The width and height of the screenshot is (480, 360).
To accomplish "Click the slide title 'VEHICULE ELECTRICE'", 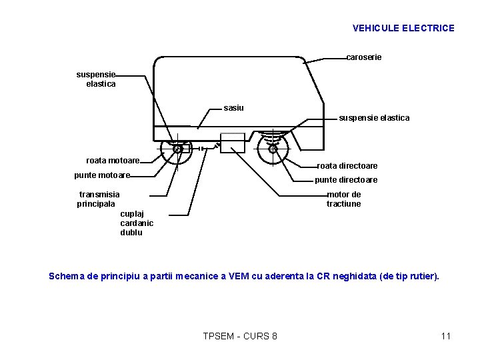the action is point(403,28).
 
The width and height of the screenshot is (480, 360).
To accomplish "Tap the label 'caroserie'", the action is point(364,57).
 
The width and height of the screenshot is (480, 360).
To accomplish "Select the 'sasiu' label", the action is point(233,107).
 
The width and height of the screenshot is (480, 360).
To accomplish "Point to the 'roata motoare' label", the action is point(113,161).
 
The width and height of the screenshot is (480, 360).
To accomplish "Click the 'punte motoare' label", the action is point(102,175).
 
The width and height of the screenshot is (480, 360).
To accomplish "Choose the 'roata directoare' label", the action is point(347,165).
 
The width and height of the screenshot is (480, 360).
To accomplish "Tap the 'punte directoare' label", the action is point(345,180).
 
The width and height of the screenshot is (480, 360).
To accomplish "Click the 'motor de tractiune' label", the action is point(343,199).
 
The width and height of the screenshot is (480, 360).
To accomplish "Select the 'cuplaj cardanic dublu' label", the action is point(137,223).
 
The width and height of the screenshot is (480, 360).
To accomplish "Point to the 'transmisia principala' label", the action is point(99,199).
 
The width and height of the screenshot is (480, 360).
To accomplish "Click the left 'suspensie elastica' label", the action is point(97,79).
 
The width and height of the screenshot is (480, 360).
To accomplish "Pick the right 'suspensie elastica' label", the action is point(374,118).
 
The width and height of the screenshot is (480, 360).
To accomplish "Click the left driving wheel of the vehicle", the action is point(177,149).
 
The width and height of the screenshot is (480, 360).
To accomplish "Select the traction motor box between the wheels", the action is point(233,143).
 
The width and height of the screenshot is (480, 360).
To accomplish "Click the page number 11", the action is point(446,336).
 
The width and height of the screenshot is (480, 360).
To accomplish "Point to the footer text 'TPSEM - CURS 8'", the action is point(240,336).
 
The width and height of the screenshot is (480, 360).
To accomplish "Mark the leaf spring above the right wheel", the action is point(272,137).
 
